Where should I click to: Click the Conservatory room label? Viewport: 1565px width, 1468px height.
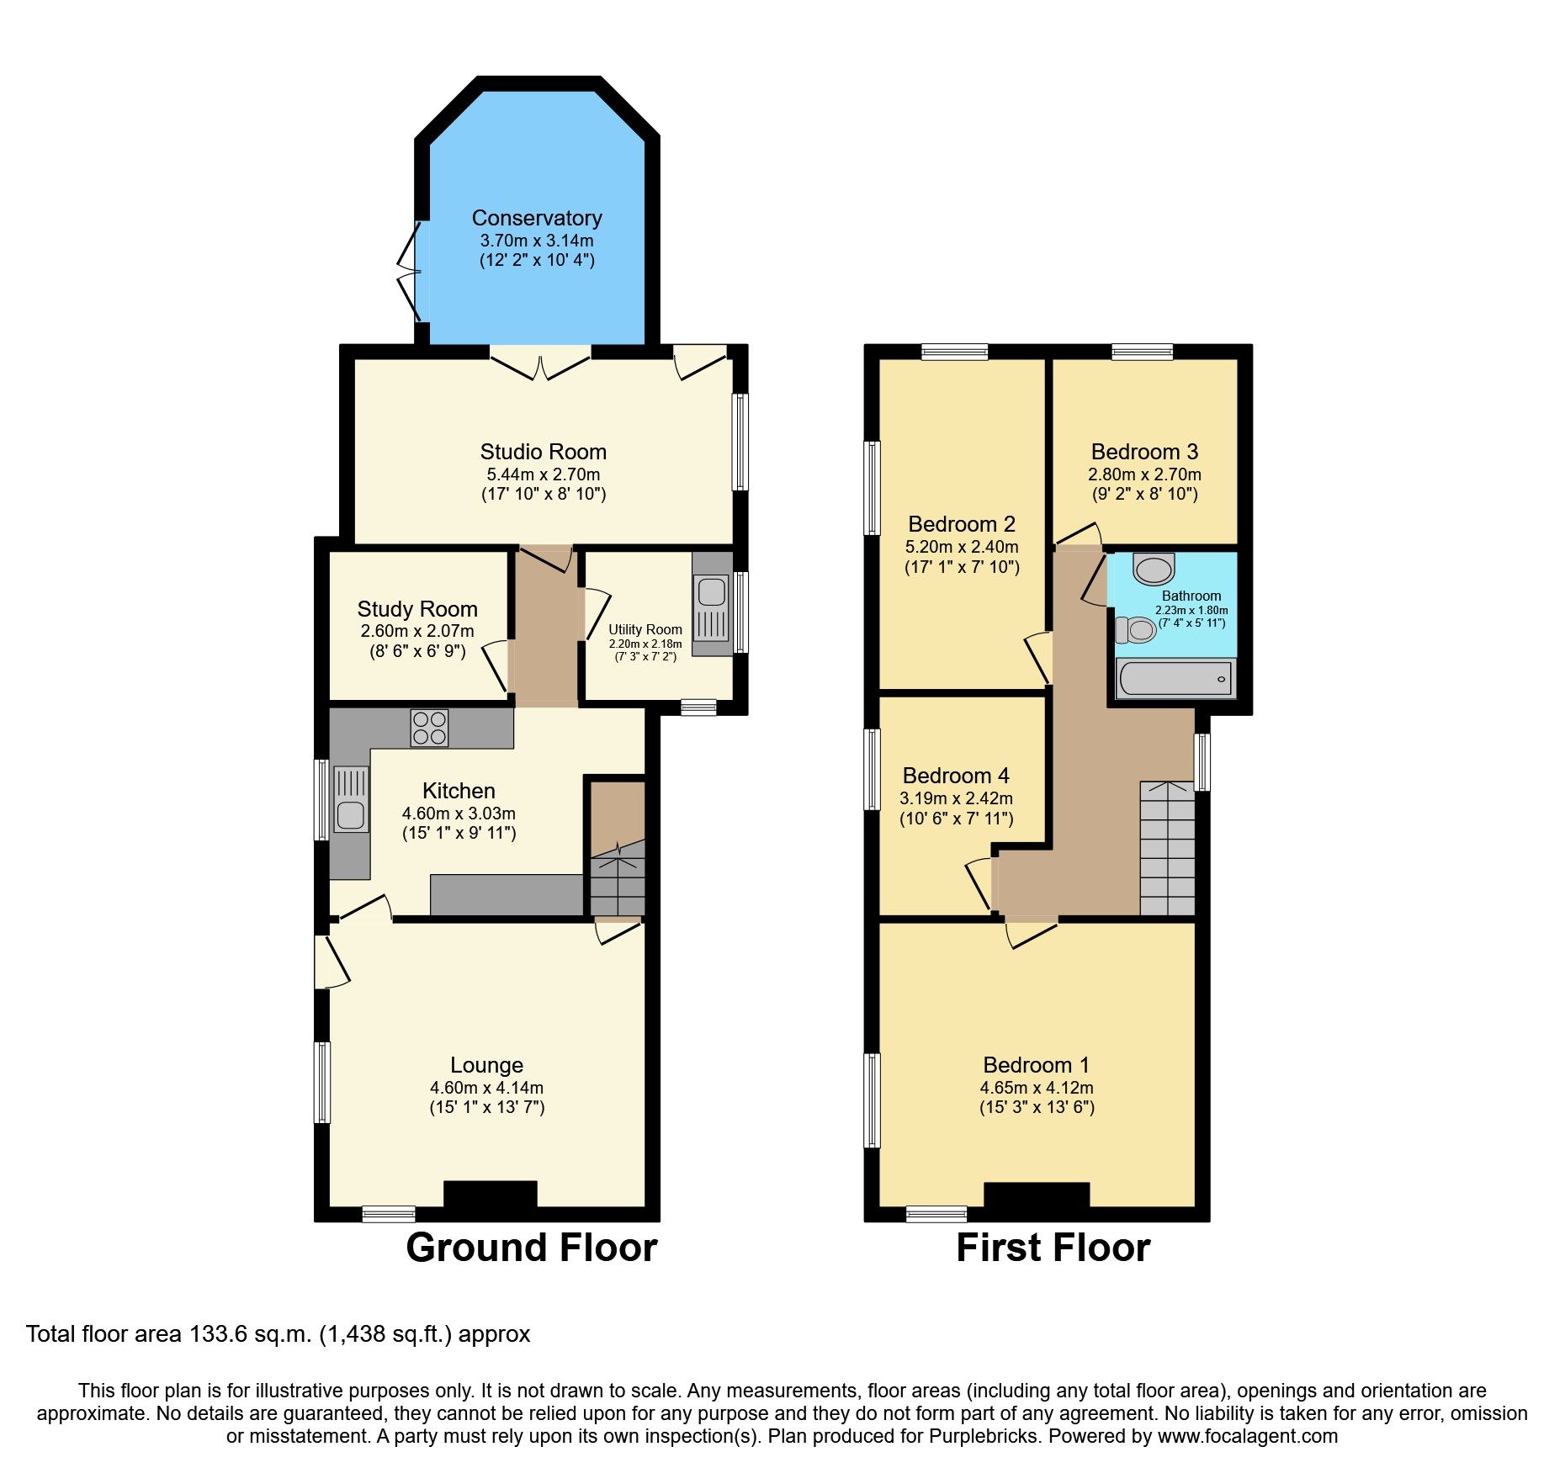click(x=536, y=219)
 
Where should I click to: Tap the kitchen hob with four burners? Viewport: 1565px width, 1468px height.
click(x=429, y=728)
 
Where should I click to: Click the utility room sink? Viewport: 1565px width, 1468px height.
click(x=712, y=592)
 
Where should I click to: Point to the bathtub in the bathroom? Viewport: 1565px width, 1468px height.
click(x=1175, y=678)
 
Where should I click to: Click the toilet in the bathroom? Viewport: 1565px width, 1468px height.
click(x=1136, y=629)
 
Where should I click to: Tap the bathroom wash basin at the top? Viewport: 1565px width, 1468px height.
click(x=1154, y=569)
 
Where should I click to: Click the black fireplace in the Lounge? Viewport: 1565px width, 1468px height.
click(x=490, y=1194)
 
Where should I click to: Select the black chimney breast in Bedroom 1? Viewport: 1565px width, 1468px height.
click(x=1036, y=1195)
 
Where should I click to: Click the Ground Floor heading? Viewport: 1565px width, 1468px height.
click(x=531, y=1248)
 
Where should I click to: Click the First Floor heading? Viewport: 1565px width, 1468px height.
click(x=1053, y=1248)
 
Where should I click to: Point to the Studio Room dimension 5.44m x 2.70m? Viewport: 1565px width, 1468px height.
click(x=543, y=474)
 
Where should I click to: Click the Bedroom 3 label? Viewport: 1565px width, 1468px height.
click(x=1144, y=452)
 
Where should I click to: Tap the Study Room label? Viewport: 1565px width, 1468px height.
click(x=417, y=609)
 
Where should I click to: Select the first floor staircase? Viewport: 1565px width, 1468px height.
click(x=1167, y=848)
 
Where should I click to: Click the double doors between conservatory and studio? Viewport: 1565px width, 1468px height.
click(x=541, y=364)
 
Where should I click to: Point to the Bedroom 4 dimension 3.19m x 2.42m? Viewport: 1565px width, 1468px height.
click(x=956, y=798)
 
